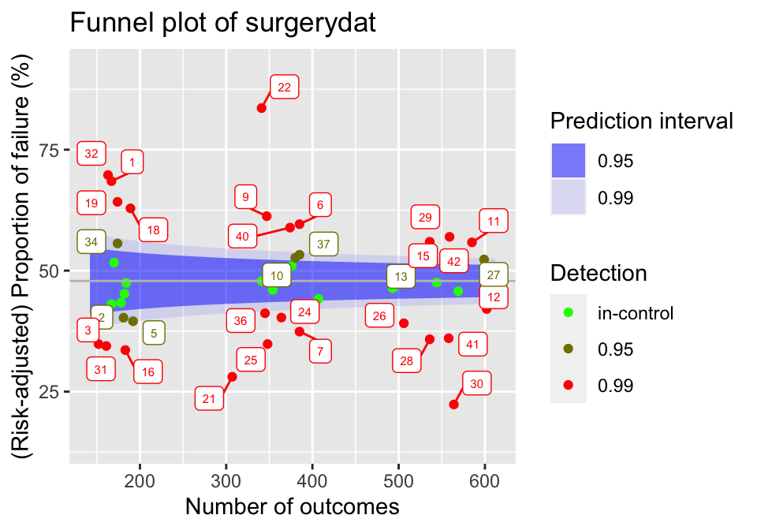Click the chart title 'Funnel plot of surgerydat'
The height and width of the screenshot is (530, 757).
point(223,24)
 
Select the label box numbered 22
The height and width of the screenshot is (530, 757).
point(285,88)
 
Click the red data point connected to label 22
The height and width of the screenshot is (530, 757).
point(262,108)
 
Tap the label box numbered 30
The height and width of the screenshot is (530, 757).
point(476,384)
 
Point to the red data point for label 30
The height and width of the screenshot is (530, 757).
point(453,405)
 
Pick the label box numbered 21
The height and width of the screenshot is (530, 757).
point(209,399)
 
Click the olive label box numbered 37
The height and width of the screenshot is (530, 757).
point(323,244)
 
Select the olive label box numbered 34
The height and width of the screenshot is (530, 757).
point(91,242)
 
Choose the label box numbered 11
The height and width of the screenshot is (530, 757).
point(494,222)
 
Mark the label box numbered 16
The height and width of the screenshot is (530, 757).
point(148,372)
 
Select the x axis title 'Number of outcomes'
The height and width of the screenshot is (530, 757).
point(292,506)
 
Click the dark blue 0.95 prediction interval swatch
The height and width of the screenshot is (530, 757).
point(568,161)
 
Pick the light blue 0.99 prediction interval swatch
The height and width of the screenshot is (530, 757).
point(568,197)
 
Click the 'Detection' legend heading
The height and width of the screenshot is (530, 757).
point(599,274)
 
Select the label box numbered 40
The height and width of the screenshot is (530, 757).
point(242,236)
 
